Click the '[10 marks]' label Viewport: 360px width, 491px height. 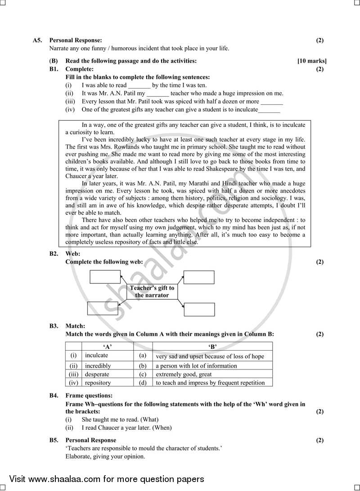pos(312,61)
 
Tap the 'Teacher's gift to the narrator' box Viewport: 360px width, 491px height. pos(152,292)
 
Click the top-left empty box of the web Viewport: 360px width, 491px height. pos(105,277)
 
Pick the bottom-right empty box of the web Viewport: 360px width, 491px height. pos(199,310)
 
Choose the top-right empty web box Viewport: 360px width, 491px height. pos(199,277)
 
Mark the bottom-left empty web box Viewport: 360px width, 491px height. pos(102,308)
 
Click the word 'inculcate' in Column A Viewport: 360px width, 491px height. pos(96,356)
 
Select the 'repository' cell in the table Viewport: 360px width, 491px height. pos(98,383)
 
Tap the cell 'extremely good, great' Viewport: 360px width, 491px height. pos(183,374)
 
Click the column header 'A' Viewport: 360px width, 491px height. pos(107,347)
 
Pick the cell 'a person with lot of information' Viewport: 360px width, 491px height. pos(196,365)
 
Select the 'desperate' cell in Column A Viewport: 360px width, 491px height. pos(97,374)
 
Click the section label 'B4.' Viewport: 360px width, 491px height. pos(54,396)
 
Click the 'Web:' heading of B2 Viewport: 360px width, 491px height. pos(73,254)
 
